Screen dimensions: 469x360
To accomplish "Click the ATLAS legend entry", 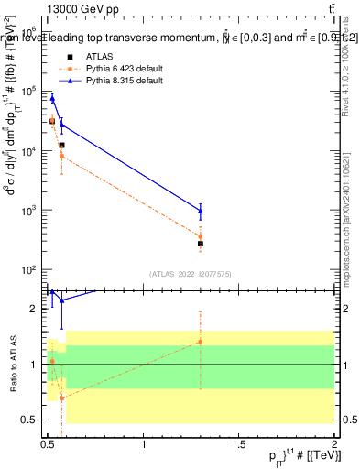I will (98, 57).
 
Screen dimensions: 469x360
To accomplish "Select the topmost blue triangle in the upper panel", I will (52, 98).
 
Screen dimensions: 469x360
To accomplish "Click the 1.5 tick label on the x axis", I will (239, 451).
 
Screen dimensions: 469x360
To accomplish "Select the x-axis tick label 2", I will (334, 451).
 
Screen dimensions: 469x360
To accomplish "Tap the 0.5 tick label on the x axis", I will (48, 451).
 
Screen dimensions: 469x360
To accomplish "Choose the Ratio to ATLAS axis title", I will (13, 364).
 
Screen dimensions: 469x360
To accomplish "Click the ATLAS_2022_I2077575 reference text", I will (190, 273).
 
